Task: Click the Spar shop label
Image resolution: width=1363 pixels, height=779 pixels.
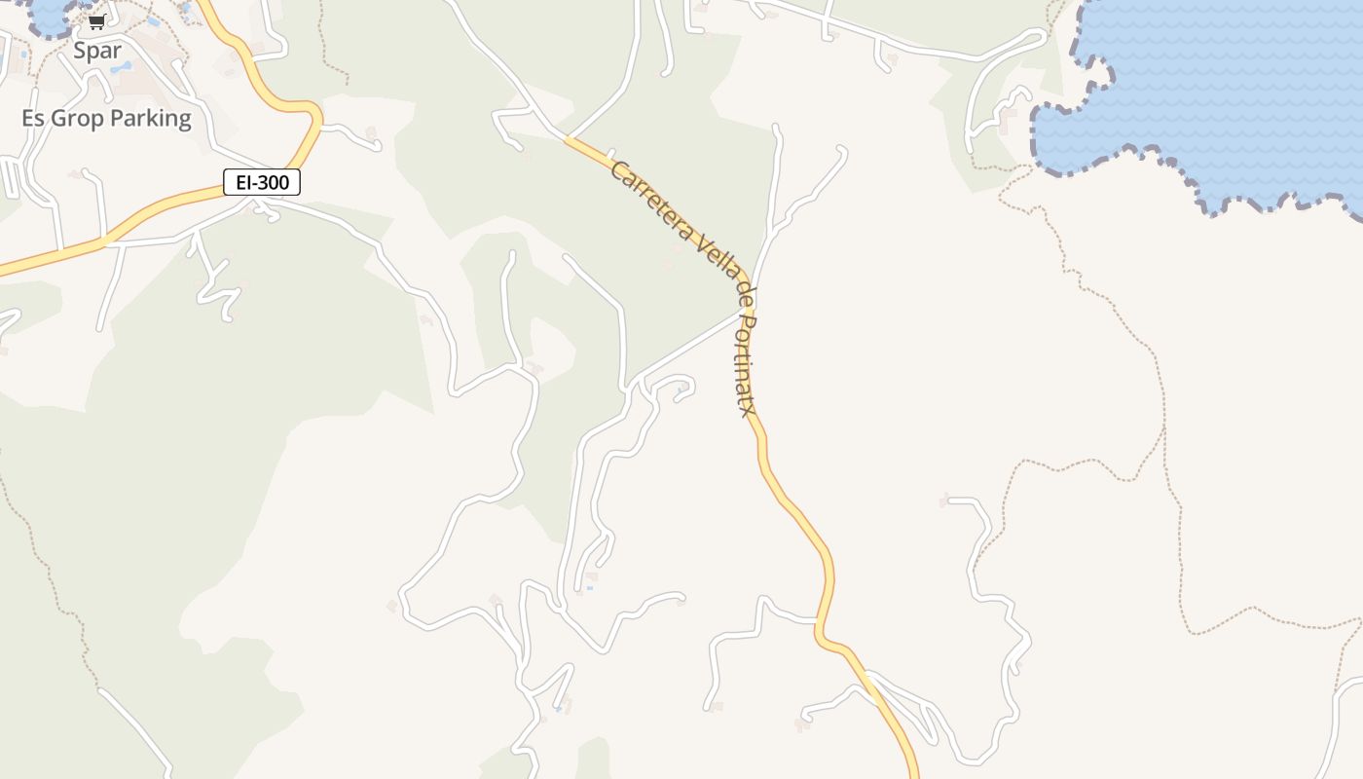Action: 97,51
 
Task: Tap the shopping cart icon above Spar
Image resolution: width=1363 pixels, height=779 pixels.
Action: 96,22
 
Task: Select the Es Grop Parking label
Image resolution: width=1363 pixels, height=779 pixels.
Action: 106,119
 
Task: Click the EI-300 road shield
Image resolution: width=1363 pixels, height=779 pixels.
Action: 262,182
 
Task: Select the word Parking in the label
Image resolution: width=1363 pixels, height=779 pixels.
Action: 151,119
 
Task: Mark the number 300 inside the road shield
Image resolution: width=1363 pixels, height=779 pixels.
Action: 274,182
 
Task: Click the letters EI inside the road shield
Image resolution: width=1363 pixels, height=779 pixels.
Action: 243,182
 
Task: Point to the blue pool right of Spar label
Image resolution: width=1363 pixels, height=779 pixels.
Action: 121,68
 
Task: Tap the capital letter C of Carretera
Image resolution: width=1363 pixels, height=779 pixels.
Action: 617,170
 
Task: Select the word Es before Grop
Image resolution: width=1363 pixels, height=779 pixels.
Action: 33,119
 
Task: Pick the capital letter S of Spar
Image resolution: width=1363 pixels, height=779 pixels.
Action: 81,51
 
